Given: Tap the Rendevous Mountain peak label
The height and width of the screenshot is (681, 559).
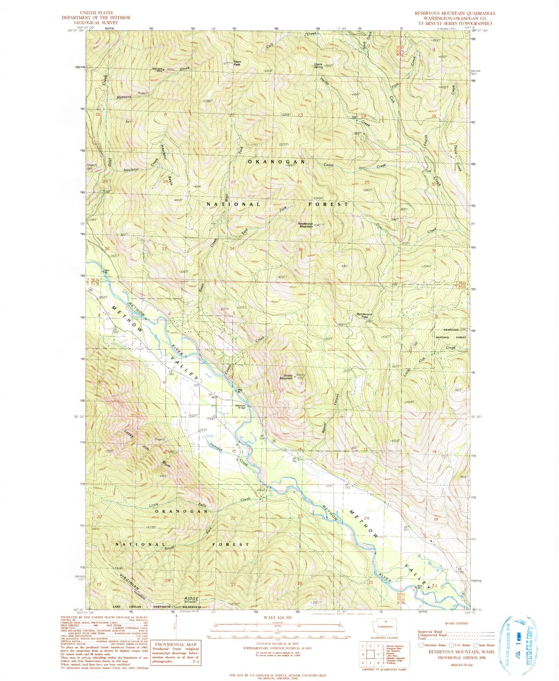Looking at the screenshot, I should [x=305, y=225].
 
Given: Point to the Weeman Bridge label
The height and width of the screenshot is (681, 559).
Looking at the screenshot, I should [x=241, y=406].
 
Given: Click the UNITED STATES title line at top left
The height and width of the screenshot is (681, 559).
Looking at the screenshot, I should [x=97, y=13].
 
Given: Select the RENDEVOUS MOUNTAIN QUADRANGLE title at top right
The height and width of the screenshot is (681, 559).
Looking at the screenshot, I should [x=455, y=13].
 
